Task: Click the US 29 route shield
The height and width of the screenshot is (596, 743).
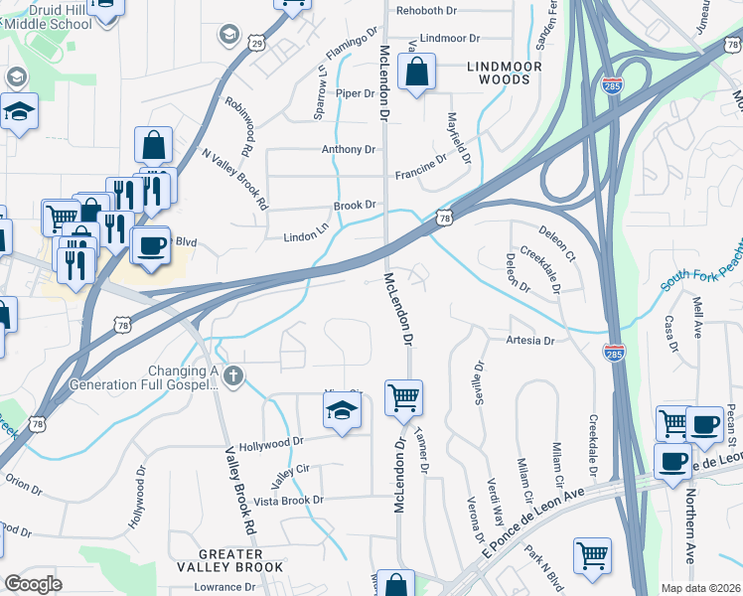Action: (x=257, y=44)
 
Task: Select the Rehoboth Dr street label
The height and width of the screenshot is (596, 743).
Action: (x=426, y=11)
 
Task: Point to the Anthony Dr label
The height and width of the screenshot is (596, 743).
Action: (x=348, y=150)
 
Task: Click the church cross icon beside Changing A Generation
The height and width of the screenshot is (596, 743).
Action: (x=233, y=374)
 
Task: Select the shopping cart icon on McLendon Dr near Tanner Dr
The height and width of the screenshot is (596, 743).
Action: (x=403, y=397)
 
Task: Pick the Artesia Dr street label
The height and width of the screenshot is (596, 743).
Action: (x=528, y=341)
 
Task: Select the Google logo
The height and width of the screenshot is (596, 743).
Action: (x=33, y=584)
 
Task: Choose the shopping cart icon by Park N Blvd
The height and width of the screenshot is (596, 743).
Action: (x=593, y=555)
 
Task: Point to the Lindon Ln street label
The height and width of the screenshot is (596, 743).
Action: (x=306, y=237)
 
